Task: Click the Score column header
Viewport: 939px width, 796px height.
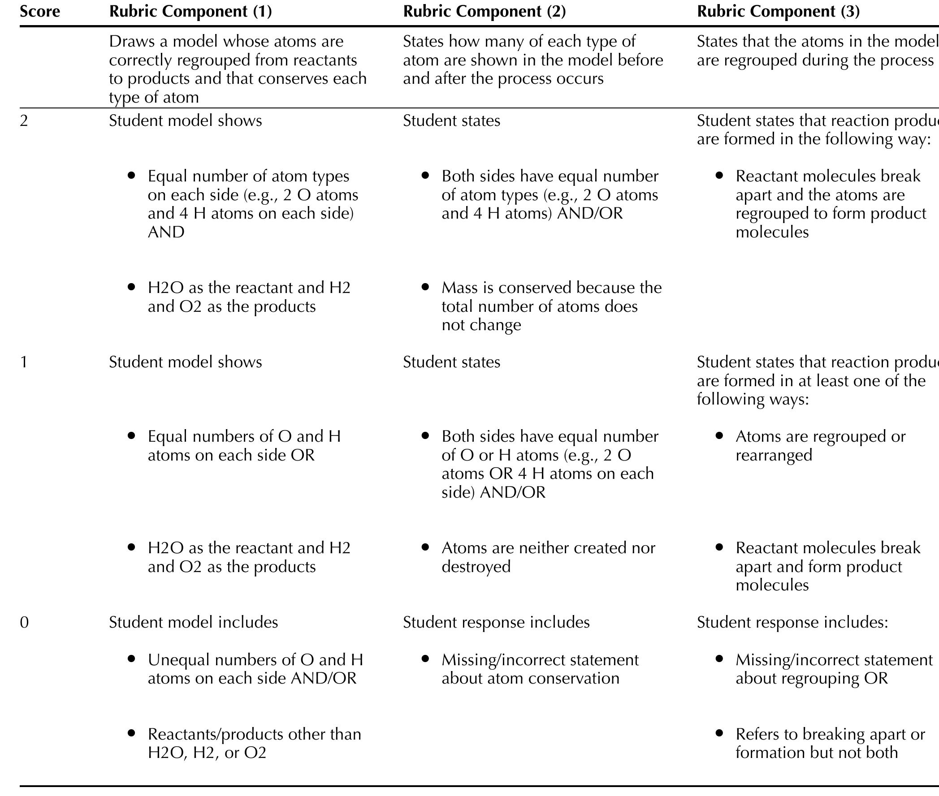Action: click(40, 12)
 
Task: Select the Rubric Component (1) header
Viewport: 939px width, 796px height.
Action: click(190, 12)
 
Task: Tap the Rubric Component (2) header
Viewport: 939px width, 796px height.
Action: click(484, 12)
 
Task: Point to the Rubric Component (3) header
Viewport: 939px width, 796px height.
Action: click(778, 12)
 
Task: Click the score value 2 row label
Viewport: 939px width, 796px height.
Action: click(24, 121)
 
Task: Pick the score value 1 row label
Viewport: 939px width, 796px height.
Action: click(24, 362)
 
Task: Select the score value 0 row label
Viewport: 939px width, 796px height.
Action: click(24, 622)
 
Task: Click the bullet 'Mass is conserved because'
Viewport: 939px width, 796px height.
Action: click(551, 306)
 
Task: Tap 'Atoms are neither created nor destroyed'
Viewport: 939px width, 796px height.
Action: click(548, 557)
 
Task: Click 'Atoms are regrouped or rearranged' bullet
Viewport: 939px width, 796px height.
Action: click(820, 445)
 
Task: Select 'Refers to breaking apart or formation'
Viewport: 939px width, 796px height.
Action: click(830, 743)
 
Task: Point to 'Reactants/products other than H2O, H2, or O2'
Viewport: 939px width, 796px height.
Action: click(254, 743)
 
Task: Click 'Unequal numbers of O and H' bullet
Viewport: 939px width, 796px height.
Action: click(255, 669)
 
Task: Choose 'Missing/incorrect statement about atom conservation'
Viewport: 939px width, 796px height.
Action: click(540, 669)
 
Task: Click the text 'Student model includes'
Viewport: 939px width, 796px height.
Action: click(193, 622)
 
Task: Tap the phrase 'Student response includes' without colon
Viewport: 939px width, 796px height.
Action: click(496, 622)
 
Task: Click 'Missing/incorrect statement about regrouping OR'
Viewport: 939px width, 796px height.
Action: click(833, 669)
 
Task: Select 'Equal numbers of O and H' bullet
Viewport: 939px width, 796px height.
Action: click(244, 445)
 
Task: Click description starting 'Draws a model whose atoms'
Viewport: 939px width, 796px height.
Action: click(238, 69)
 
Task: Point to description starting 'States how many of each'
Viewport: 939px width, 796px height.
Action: click(533, 60)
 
